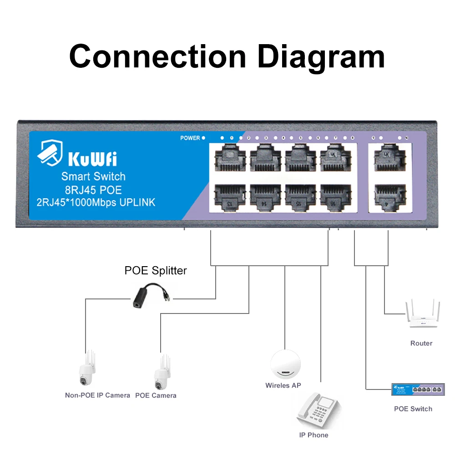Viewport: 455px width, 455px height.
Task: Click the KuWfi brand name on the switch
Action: click(x=92, y=159)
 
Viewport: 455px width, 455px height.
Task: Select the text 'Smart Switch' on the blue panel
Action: click(x=93, y=177)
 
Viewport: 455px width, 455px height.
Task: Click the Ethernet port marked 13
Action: click(x=230, y=197)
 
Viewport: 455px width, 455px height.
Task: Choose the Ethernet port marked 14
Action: click(x=265, y=197)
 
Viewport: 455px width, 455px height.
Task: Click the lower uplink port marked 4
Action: click(x=387, y=197)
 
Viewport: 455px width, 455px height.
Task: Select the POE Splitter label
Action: click(x=156, y=271)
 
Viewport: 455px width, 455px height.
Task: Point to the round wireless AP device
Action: click(x=286, y=364)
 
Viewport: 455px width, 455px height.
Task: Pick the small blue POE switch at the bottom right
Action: click(x=418, y=389)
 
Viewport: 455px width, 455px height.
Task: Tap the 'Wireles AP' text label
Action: click(x=283, y=385)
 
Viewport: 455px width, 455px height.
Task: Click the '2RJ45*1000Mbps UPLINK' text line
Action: click(x=96, y=202)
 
